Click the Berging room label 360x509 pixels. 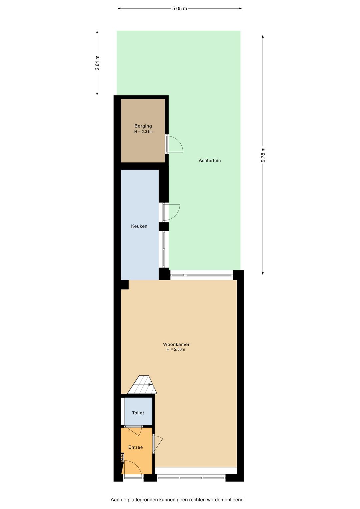(143, 126)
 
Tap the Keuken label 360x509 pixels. (139, 226)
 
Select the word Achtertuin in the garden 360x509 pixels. (210, 160)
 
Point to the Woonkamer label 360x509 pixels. (176, 344)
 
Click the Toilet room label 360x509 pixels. (138, 413)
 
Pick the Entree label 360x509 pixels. (135, 447)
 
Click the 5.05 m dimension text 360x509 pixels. (180, 9)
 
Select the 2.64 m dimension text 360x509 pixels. (97, 63)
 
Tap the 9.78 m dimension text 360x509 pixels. (263, 155)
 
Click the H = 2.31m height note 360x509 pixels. (143, 132)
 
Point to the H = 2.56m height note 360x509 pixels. (176, 350)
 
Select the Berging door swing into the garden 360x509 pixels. (175, 144)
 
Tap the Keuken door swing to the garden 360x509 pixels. (172, 212)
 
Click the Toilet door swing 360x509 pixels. (134, 430)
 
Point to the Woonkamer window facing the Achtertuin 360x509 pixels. (201, 275)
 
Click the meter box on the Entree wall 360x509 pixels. (122, 458)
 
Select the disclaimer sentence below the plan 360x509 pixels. (178, 500)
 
